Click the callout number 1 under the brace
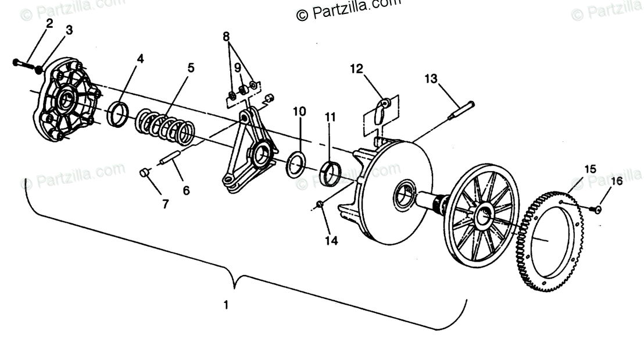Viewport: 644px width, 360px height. point(227,304)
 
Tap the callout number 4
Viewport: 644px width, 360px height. point(140,58)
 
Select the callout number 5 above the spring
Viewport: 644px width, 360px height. point(191,67)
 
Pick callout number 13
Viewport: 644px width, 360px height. point(430,78)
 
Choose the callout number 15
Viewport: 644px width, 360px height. point(590,169)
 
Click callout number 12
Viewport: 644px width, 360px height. point(356,69)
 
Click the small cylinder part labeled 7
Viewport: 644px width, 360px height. point(145,173)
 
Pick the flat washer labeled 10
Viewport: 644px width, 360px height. point(296,165)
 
